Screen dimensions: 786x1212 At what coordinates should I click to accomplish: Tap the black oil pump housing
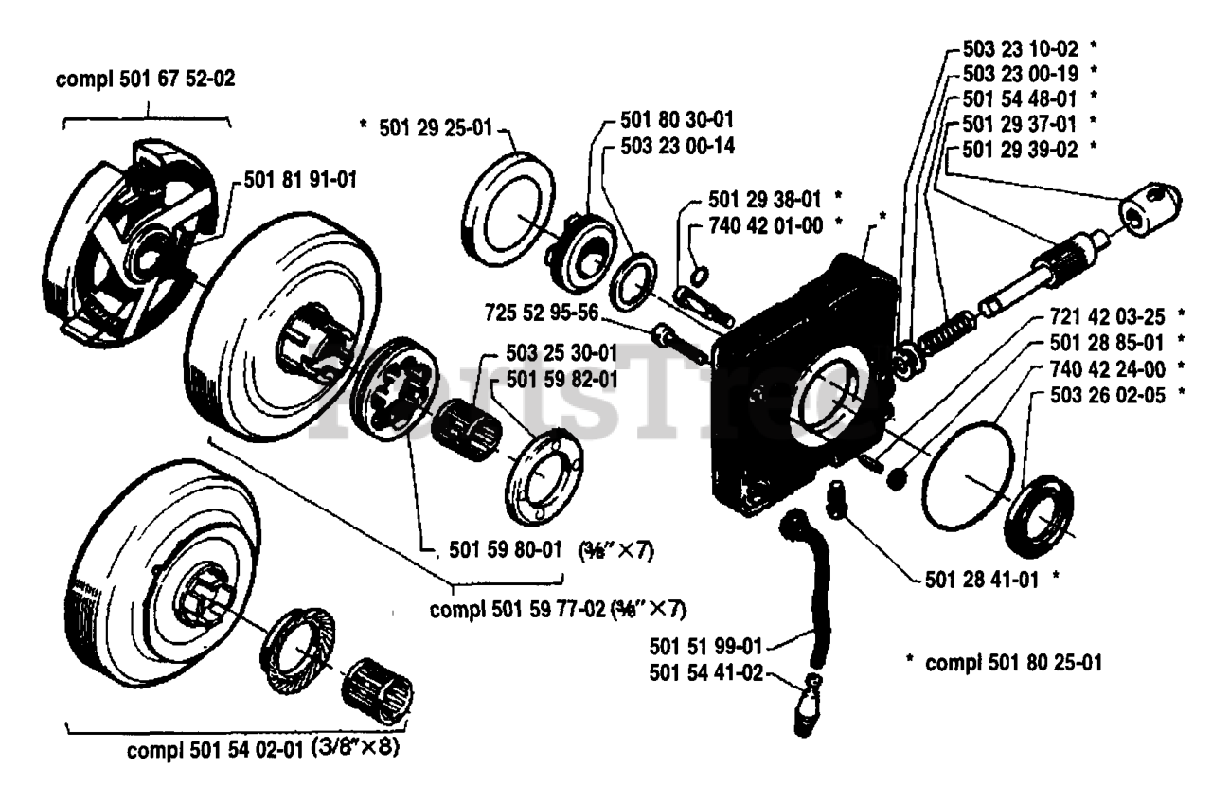click(x=805, y=379)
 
